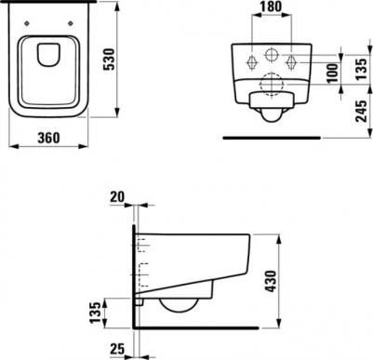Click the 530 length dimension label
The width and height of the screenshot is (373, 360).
(x=109, y=60)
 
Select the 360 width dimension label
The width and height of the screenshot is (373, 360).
(x=48, y=138)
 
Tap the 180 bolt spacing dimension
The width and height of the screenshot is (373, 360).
(x=271, y=7)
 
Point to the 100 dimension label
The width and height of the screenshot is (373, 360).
(x=333, y=73)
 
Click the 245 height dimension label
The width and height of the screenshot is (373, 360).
(x=361, y=111)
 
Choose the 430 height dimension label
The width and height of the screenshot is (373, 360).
(x=271, y=281)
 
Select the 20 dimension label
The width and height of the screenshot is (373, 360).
(x=117, y=196)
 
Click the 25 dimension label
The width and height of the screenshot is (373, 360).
(x=117, y=349)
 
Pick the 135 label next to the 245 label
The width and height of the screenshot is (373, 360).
(x=361, y=69)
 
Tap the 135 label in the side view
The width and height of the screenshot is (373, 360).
(x=96, y=312)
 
